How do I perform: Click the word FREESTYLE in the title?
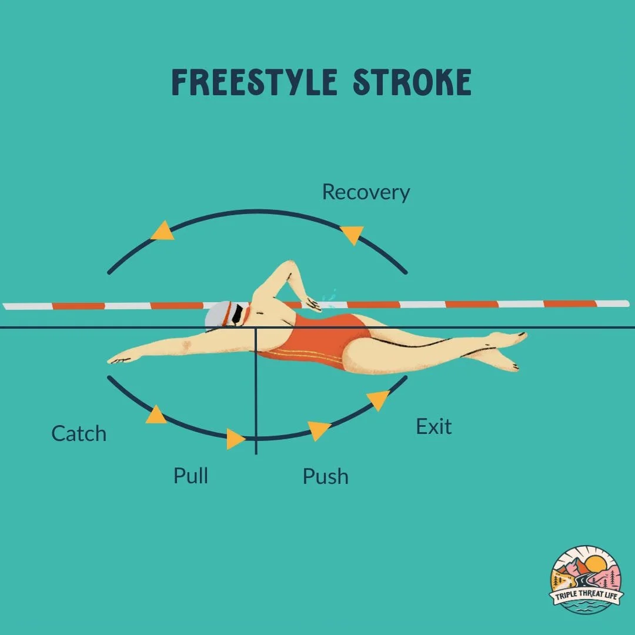point(254,82)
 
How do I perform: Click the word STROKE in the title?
point(412,82)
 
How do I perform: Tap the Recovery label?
point(366,192)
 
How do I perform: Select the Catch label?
point(79,434)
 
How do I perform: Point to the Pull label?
point(190,475)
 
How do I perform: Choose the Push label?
point(325,476)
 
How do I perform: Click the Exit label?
point(433,426)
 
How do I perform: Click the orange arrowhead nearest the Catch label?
point(156,415)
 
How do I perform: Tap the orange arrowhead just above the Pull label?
point(235,439)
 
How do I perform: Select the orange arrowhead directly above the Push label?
point(319,430)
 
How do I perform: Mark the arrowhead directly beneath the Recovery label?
point(352,235)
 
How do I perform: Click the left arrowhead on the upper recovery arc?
point(163,230)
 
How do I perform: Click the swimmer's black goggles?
point(236,315)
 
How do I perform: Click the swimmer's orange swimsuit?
point(320,341)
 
